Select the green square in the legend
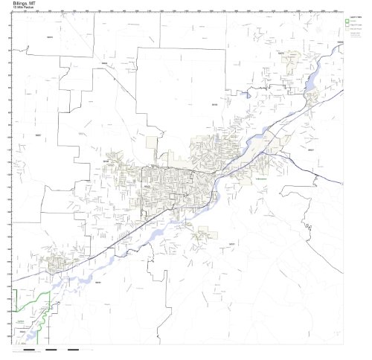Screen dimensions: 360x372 tap(346, 20)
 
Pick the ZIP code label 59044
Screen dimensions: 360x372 tap(97, 282)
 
